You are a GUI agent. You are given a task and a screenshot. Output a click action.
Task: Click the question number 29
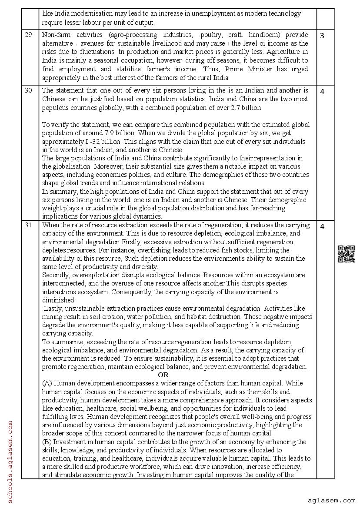point(28,35)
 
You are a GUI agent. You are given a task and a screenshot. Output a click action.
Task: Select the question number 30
point(28,91)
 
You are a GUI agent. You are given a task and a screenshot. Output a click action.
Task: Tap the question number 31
point(28,226)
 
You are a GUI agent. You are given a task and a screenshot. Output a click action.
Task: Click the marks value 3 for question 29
point(322,36)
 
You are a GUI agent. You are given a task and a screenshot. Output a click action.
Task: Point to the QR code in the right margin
point(346,254)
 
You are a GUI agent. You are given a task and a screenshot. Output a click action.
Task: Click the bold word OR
point(163,375)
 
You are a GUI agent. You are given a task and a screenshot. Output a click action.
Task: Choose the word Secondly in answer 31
point(56,275)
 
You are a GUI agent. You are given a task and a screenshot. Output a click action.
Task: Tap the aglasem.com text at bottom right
point(331,501)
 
